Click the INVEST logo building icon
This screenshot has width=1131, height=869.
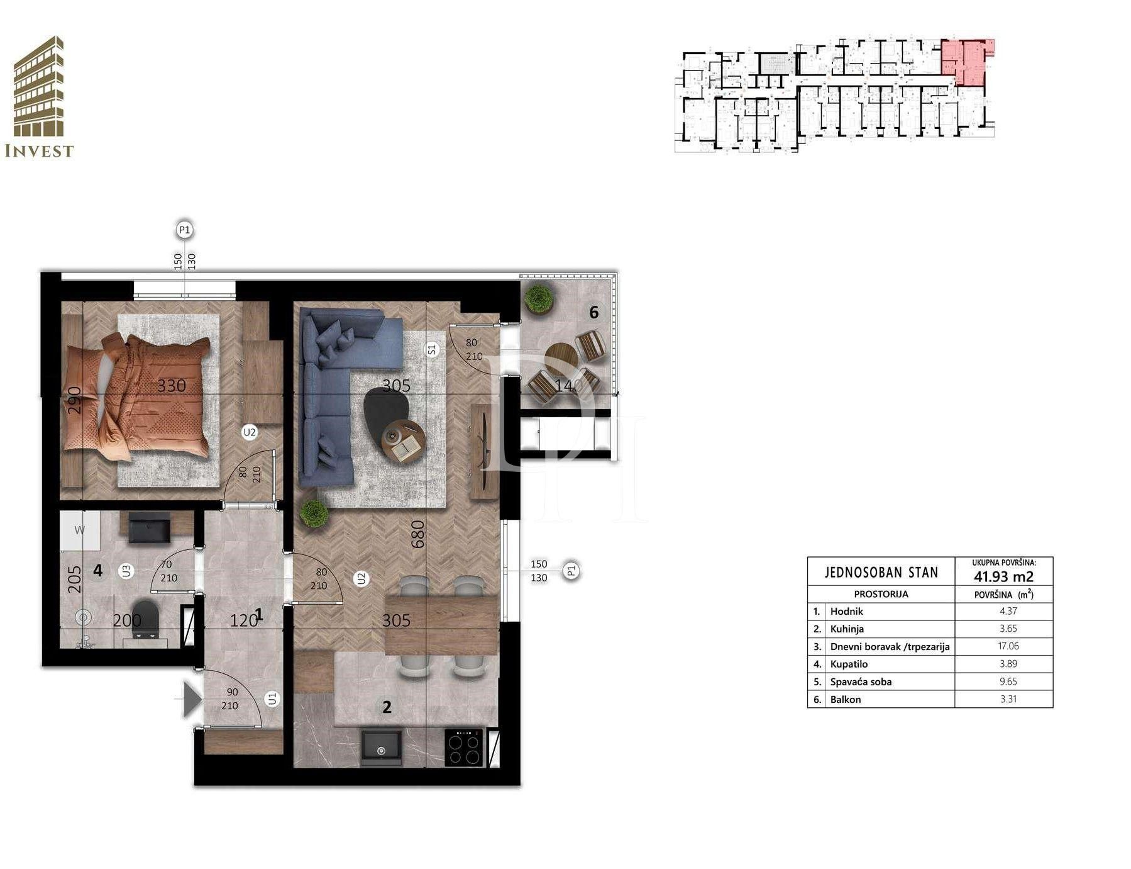38,86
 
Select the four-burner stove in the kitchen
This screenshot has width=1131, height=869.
463,747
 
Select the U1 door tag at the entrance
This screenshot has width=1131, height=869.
272,698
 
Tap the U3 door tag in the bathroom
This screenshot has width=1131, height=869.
126,571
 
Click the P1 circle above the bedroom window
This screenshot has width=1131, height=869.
184,230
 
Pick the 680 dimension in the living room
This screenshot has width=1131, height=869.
417,534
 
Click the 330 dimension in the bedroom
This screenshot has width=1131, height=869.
171,385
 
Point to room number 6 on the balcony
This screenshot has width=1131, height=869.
593,311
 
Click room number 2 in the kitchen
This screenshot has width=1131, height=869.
387,707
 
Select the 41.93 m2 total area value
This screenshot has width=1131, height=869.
1003,576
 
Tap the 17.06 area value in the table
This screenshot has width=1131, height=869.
1008,646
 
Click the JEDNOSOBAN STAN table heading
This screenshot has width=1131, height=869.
881,572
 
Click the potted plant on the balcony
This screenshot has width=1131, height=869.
540,300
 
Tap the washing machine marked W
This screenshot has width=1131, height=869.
80,530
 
